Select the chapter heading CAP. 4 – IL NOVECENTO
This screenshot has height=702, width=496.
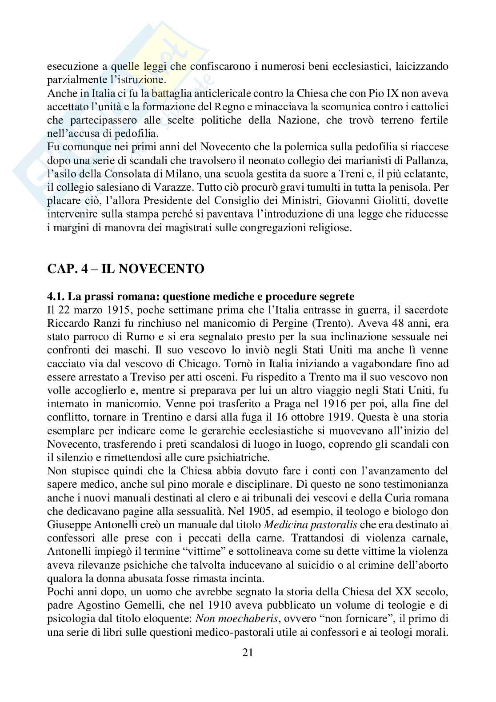tap(125, 269)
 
